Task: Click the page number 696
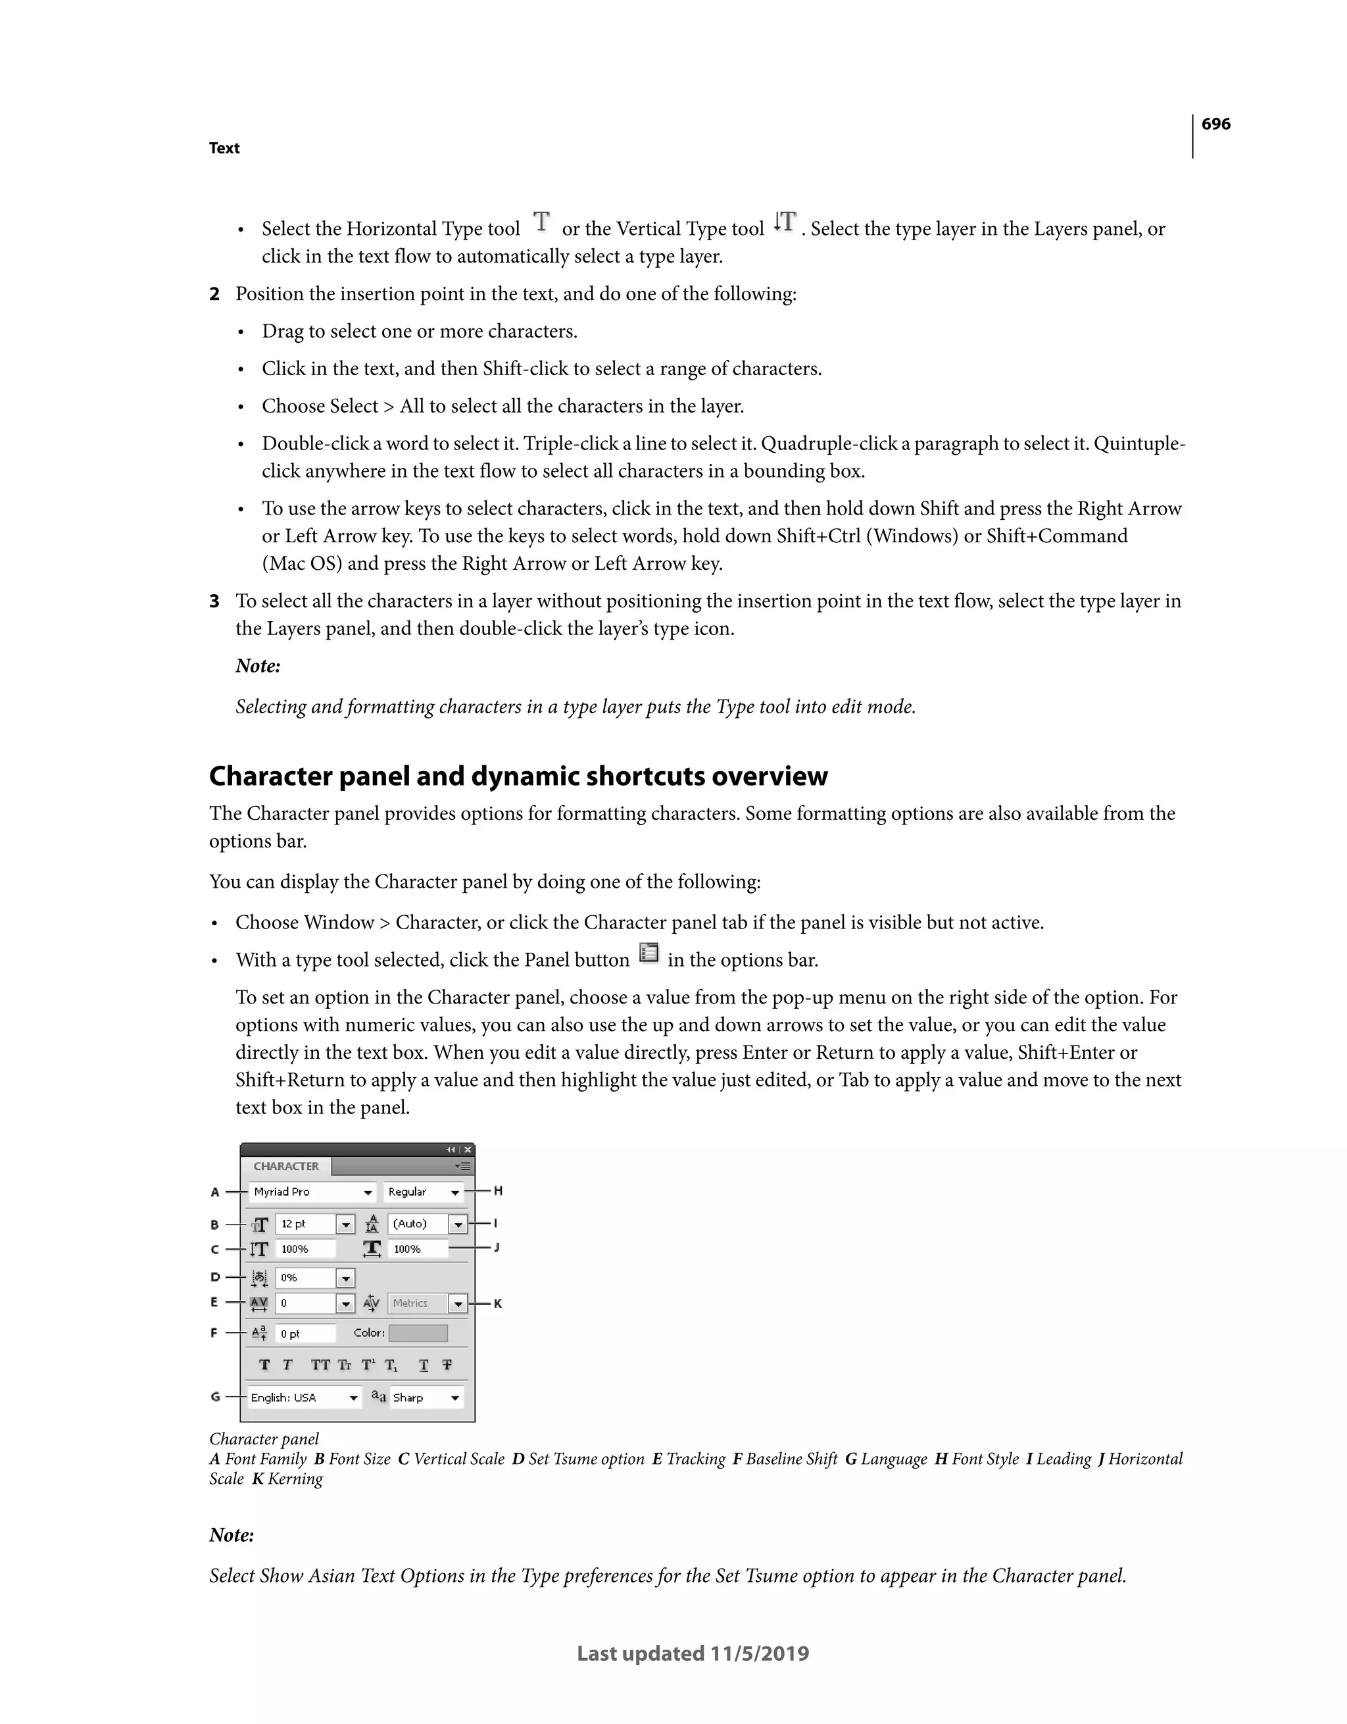1215,124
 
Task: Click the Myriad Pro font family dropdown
312,1192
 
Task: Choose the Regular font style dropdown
423,1192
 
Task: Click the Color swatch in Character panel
418,1333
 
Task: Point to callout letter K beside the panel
498,1304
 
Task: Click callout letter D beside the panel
214,1277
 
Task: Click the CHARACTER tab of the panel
285,1166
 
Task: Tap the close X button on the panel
468,1150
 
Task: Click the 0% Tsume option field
305,1277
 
